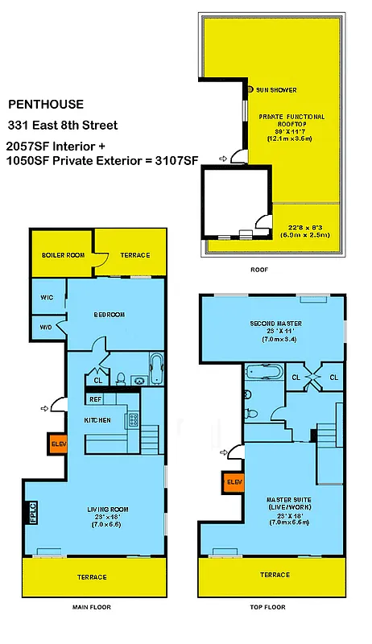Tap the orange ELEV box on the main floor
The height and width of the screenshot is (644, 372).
click(x=57, y=443)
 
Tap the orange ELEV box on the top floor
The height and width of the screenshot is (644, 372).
click(x=234, y=482)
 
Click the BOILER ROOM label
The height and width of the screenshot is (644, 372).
click(x=64, y=255)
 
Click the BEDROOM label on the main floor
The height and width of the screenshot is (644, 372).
click(x=109, y=315)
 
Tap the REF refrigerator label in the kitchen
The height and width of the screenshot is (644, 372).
click(x=95, y=399)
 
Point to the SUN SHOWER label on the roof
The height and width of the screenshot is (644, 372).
click(x=275, y=89)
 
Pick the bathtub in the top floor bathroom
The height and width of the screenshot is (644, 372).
click(x=265, y=374)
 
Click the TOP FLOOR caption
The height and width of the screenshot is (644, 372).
click(x=267, y=607)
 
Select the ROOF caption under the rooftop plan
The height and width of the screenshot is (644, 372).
click(x=259, y=270)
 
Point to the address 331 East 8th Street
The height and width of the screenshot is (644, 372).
click(x=63, y=126)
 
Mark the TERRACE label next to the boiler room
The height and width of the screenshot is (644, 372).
click(x=135, y=255)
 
